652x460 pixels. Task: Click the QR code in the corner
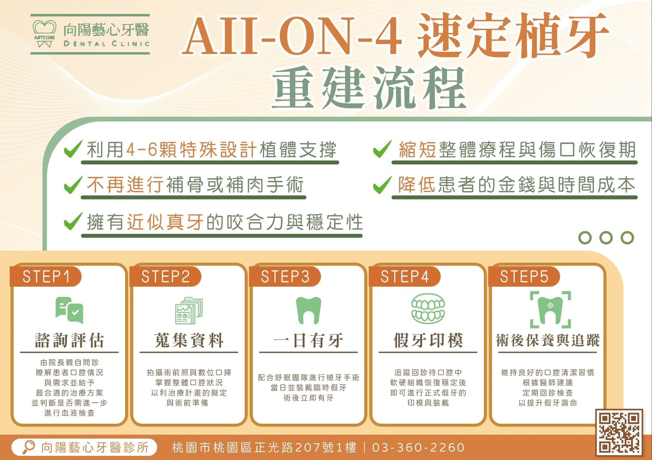coord(619,432)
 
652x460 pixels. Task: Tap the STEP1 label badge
coord(46,276)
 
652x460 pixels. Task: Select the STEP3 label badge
coord(285,276)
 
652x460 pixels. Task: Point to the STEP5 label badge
coord(524,276)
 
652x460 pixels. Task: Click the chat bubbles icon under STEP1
coord(69,310)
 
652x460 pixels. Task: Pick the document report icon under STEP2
coord(189,310)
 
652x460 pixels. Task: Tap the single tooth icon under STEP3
coord(308,310)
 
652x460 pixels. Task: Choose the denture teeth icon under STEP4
coord(428,308)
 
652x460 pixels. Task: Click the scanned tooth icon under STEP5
coord(550,310)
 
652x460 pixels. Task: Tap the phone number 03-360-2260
coord(418,447)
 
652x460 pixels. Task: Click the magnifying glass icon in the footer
coord(29,447)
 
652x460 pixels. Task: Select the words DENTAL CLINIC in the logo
coord(106,43)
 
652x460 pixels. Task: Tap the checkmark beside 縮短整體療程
coord(382,149)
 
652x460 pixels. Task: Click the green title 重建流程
coord(369,88)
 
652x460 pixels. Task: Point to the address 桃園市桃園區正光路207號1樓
coord(264,447)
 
